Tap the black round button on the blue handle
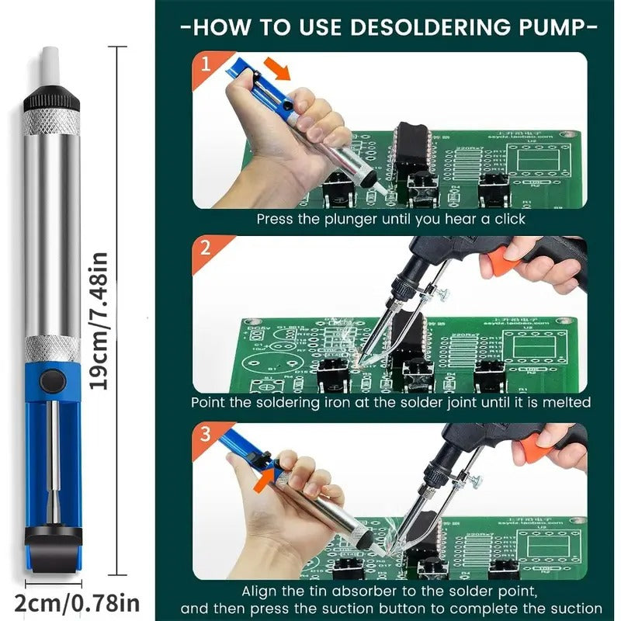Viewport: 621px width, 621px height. click(52, 380)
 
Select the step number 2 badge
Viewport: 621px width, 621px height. click(205, 249)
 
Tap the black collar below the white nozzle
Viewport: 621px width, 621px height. click(51, 101)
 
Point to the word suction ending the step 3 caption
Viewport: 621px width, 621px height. click(574, 609)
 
